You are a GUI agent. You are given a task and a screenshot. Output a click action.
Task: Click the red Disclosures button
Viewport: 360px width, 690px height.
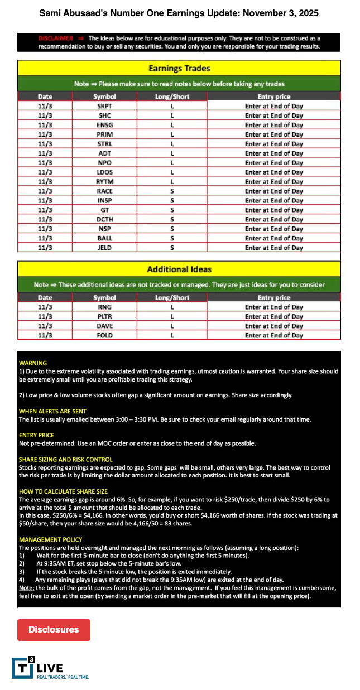point(54,629)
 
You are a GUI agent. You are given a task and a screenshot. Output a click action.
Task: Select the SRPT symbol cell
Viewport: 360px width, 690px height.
point(104,106)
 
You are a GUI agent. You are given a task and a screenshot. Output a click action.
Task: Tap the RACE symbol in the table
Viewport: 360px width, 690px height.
point(104,191)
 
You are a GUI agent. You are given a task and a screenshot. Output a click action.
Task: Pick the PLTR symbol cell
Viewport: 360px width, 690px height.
point(104,316)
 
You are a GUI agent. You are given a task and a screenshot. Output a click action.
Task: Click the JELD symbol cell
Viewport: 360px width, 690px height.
point(104,248)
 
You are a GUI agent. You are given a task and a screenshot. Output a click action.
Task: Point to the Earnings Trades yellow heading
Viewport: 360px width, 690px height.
point(179,69)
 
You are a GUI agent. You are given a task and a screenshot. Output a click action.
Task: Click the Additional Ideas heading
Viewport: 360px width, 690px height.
point(179,269)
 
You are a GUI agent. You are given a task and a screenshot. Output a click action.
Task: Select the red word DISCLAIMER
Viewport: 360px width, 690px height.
point(55,38)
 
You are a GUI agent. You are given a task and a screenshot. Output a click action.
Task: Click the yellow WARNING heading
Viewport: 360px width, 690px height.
point(33,363)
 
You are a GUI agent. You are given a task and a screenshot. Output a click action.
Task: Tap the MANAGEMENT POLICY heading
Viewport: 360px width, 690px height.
point(50,540)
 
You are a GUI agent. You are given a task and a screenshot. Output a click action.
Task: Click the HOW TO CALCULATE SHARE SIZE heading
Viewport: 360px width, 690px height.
point(63,491)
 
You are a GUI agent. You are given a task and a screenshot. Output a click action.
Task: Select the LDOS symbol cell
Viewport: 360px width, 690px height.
point(104,172)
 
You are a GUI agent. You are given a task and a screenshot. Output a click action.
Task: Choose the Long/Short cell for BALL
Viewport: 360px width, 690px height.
point(172,238)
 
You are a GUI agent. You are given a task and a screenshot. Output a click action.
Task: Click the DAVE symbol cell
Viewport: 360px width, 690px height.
point(104,326)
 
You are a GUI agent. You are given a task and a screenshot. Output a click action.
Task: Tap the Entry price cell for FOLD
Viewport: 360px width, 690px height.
point(273,335)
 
